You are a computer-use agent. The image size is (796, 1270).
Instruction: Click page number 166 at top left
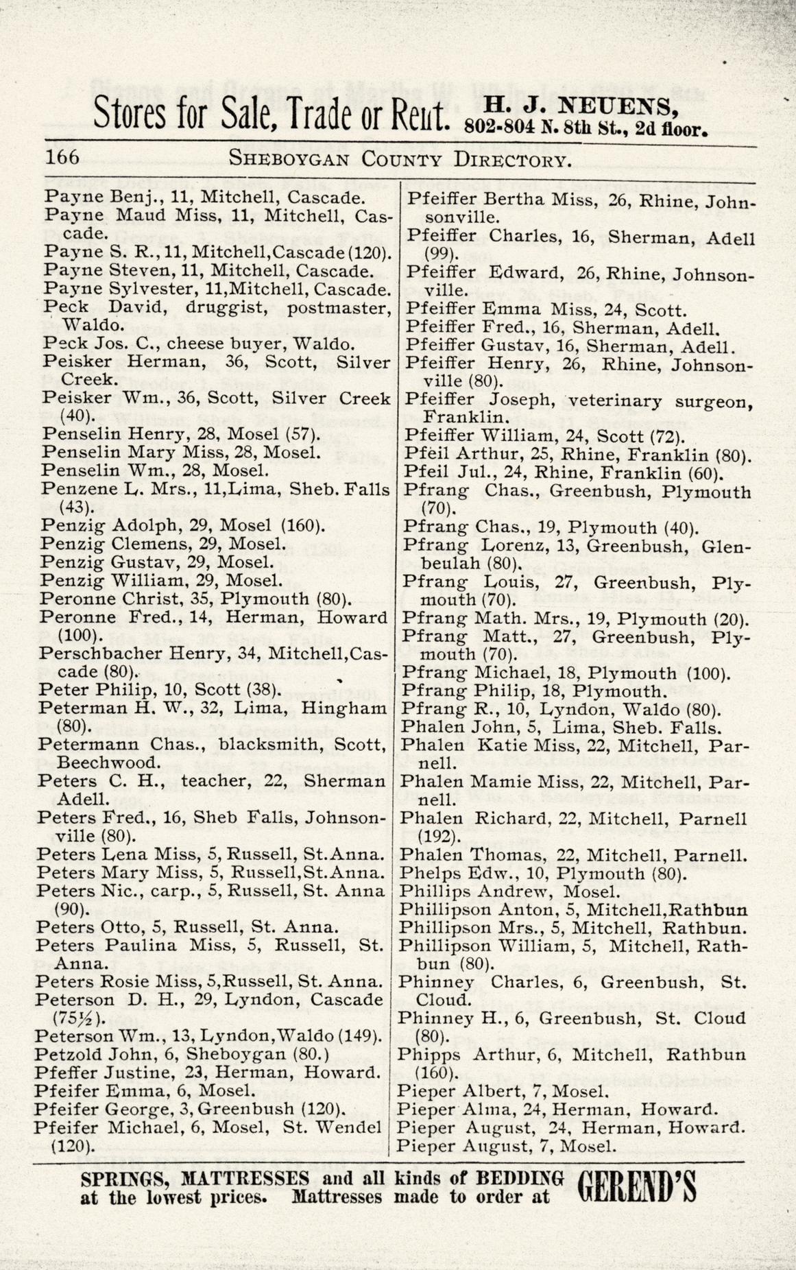click(x=62, y=158)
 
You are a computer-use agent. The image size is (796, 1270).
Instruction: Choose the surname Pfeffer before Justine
click(x=66, y=1072)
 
